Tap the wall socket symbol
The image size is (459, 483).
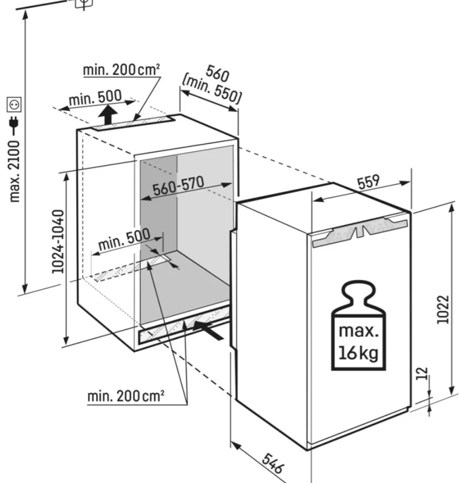click(x=14, y=104)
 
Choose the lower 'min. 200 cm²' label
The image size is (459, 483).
click(x=126, y=396)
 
